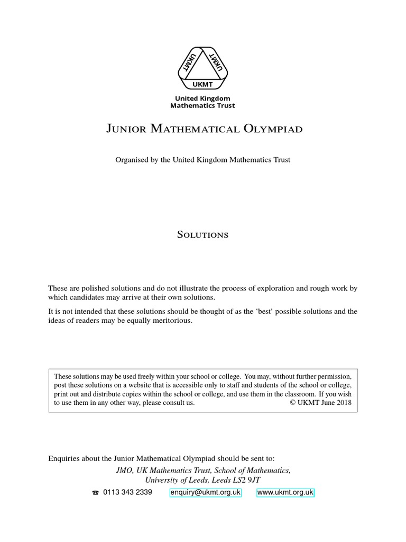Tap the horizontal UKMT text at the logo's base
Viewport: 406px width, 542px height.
pyautogui.click(x=202, y=83)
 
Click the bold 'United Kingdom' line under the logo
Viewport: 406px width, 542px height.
pyautogui.click(x=202, y=98)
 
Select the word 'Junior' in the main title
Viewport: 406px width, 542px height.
pyautogui.click(x=127, y=129)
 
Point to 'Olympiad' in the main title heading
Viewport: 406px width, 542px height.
pyautogui.click(x=274, y=129)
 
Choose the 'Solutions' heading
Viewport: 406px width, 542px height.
pyautogui.click(x=202, y=234)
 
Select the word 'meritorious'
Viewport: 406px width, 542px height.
pyautogui.click(x=174, y=321)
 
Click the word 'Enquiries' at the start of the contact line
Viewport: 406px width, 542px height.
pyautogui.click(x=63, y=458)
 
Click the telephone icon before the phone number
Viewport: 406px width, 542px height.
pyautogui.click(x=95, y=493)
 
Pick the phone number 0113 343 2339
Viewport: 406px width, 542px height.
pyautogui.click(x=127, y=492)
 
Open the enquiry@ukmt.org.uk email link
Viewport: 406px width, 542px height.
pyautogui.click(x=205, y=492)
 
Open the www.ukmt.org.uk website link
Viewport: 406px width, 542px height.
pyautogui.click(x=285, y=492)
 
